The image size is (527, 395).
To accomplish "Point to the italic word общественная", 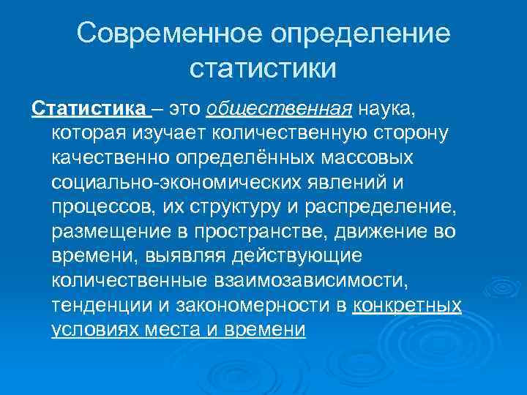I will (x=279, y=109).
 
